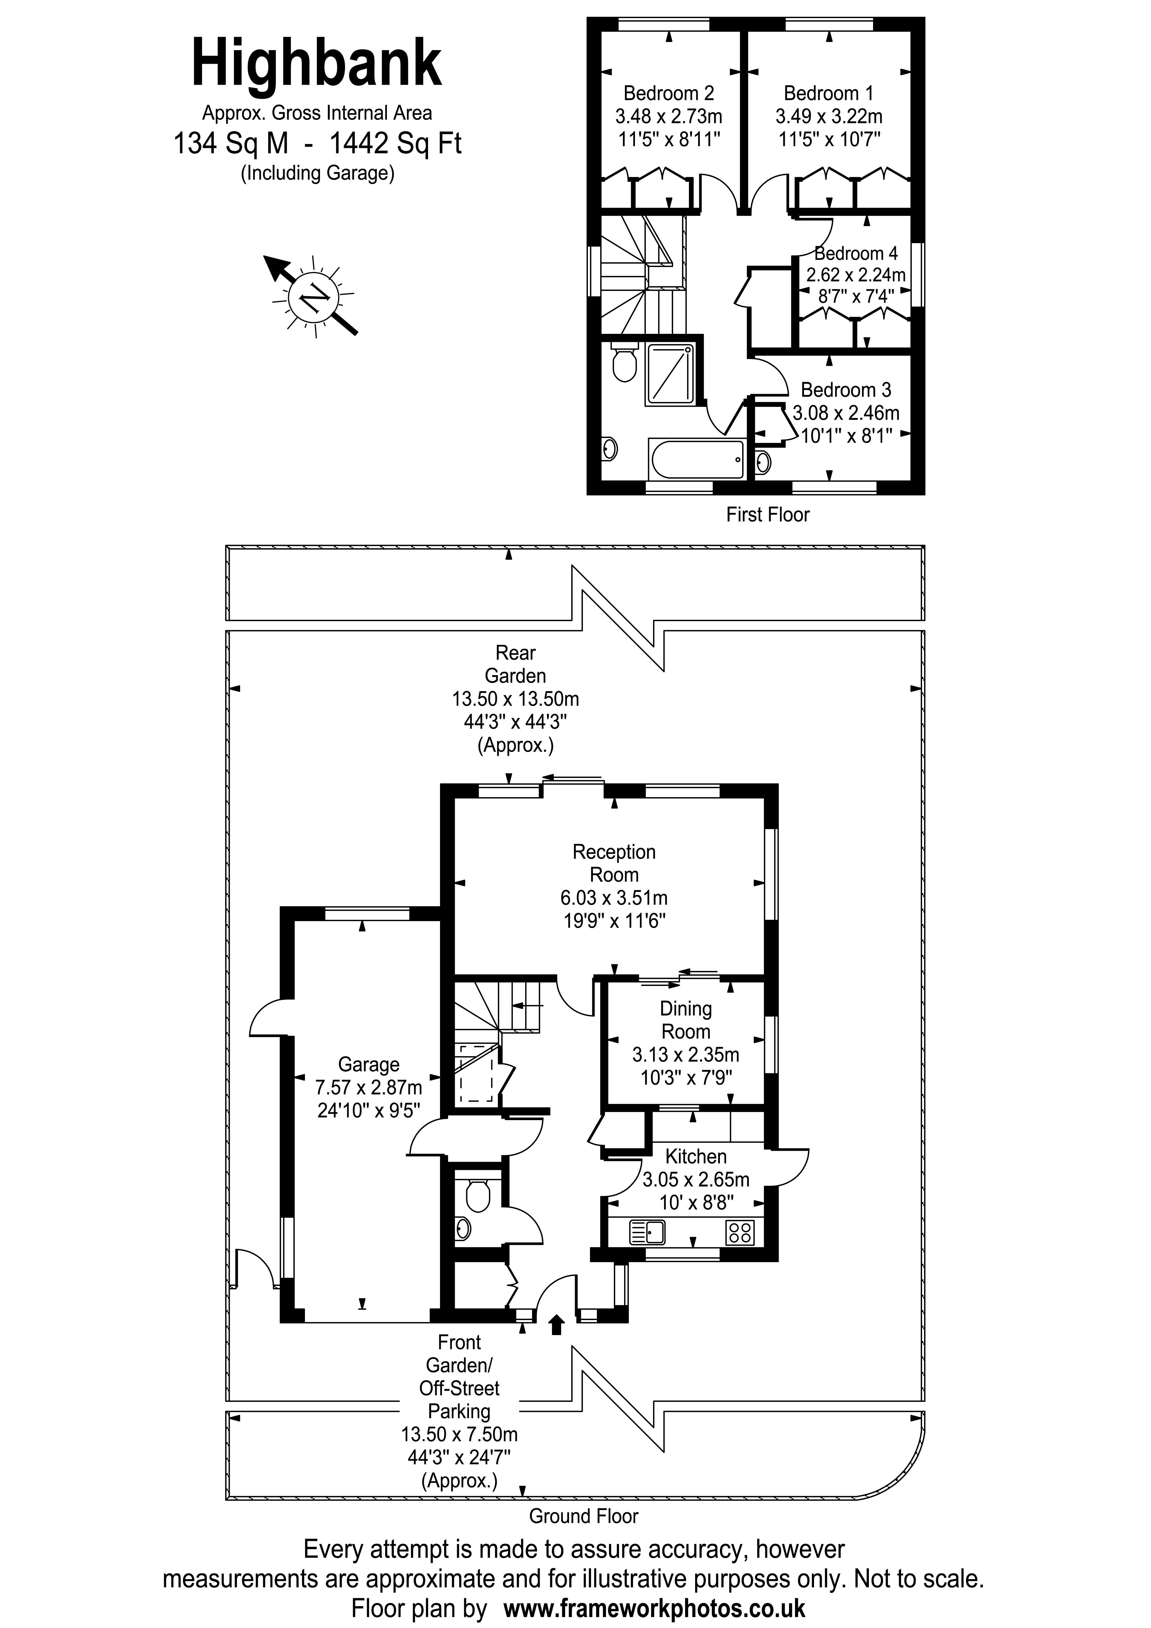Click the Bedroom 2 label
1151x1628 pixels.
pyautogui.click(x=668, y=93)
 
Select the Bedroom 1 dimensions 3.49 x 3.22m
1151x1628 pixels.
pyautogui.click(x=828, y=116)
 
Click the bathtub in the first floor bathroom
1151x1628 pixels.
pyautogui.click(x=697, y=458)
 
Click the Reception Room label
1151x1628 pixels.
pyautogui.click(x=614, y=863)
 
